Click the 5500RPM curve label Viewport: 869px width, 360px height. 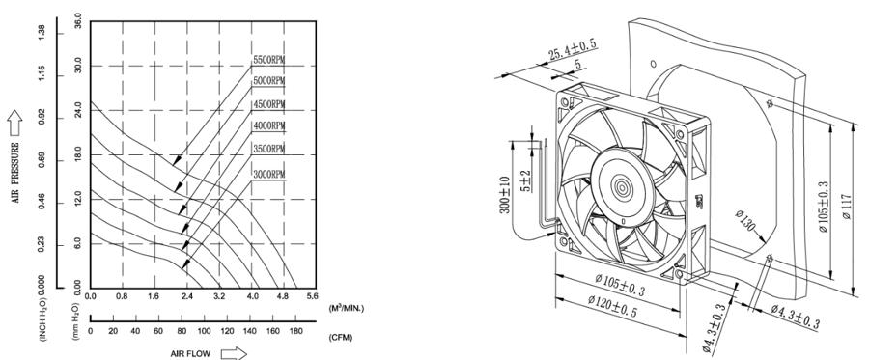point(269,60)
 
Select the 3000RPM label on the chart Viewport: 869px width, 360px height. point(269,173)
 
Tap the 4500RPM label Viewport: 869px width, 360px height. point(269,104)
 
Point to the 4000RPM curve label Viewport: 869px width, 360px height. point(269,126)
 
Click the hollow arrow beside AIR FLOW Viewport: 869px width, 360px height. point(234,353)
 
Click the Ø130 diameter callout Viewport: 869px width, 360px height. point(745,226)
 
